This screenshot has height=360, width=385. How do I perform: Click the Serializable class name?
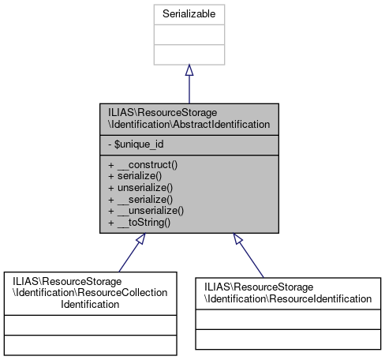coord(189,14)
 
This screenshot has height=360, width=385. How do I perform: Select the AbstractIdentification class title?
coord(189,118)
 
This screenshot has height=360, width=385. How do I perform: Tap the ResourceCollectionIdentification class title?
coord(90,292)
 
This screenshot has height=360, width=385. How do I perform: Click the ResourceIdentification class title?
coord(288,292)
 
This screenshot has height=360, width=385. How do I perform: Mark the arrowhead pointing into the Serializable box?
coord(189,71)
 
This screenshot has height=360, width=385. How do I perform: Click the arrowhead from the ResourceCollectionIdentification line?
coord(140,239)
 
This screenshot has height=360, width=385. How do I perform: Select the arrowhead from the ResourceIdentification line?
coord(238,239)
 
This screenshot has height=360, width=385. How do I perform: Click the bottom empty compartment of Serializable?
coord(189,54)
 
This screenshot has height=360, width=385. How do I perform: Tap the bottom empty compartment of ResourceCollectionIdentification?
coord(90,345)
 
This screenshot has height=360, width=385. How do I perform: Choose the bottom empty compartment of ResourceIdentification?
coord(288,339)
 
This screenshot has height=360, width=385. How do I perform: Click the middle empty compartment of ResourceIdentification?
coord(288,320)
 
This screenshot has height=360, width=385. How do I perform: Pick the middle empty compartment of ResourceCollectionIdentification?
coord(90,325)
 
